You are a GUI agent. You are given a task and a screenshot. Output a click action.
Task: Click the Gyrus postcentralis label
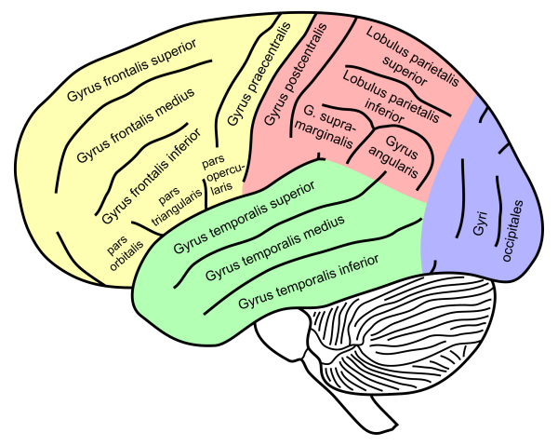point(296,75)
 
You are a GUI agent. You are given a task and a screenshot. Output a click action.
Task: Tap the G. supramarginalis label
point(329,128)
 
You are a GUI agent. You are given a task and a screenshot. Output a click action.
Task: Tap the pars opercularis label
point(219,172)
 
